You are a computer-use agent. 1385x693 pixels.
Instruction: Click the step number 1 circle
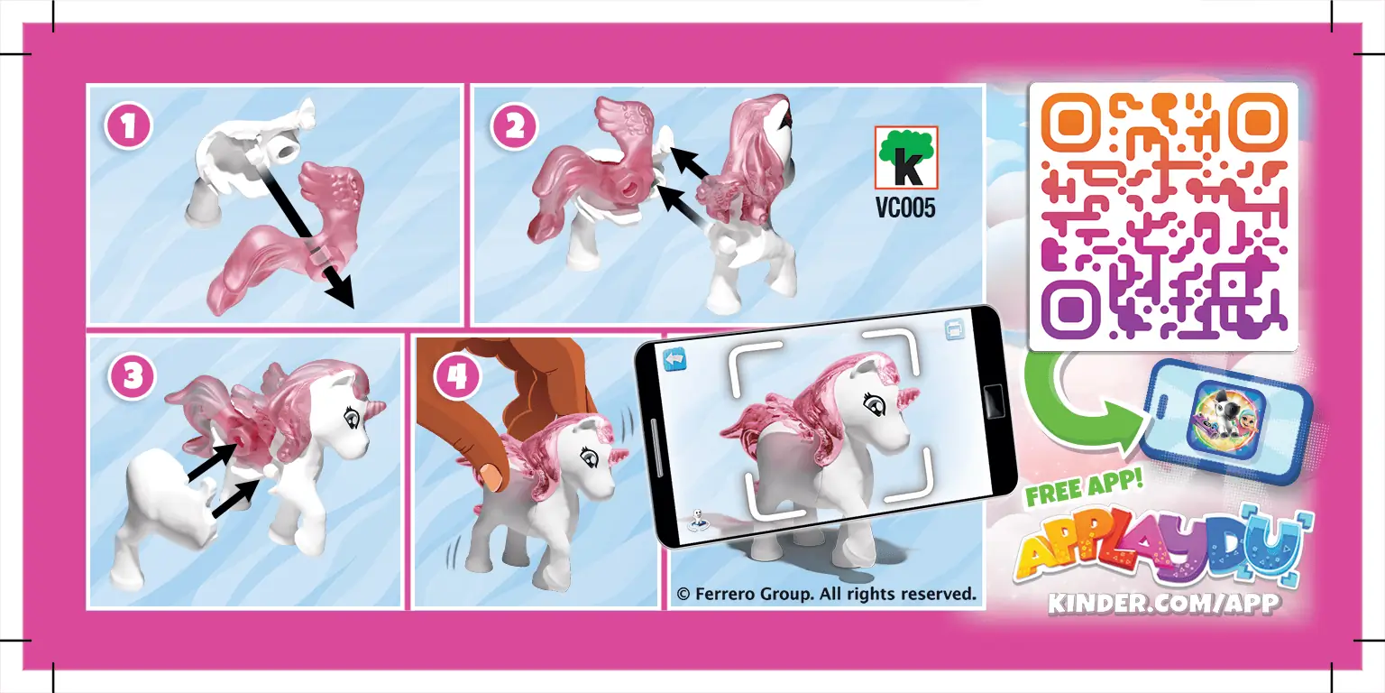click(128, 126)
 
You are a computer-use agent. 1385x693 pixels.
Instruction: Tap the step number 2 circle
click(513, 126)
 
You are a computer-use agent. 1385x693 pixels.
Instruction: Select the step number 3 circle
click(132, 377)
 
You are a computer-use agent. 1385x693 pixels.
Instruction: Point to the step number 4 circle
click(456, 377)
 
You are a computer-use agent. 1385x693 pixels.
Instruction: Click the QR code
click(1162, 216)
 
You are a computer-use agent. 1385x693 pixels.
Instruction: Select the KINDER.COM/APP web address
click(1163, 602)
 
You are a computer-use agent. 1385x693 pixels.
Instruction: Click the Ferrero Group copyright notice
click(826, 594)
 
